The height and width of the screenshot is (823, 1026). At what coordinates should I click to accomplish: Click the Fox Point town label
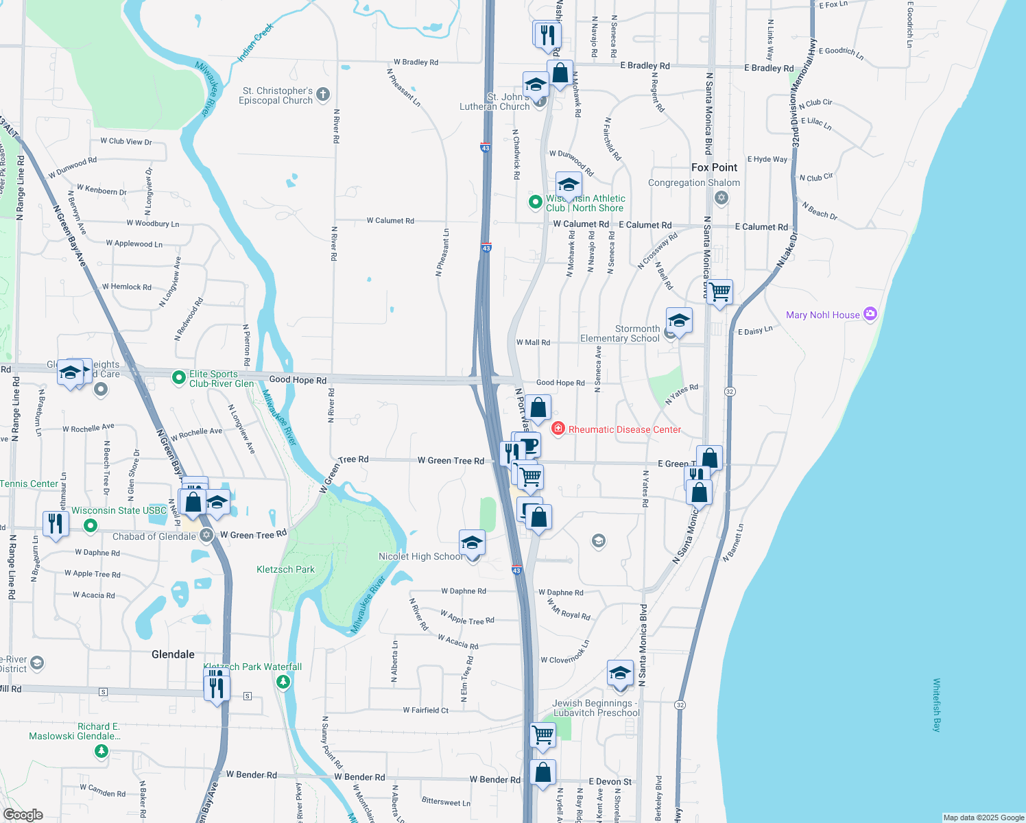pos(714,167)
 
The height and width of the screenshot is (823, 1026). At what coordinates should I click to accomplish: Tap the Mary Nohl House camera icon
pos(870,314)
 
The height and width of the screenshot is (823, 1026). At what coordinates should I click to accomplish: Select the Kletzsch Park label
pos(285,569)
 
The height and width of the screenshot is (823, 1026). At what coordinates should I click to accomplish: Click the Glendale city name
pos(173,654)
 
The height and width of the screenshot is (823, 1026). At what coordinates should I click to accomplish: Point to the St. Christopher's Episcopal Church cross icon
pos(323,95)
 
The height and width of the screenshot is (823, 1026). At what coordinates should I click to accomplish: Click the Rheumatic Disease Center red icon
pos(558,429)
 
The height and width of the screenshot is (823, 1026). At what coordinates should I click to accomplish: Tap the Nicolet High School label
pos(420,556)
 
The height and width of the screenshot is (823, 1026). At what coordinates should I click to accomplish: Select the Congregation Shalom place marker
pos(721,198)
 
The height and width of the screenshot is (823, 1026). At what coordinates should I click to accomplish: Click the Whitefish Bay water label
pos(937,705)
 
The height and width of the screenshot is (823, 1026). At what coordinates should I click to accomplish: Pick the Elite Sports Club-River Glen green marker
pos(178,377)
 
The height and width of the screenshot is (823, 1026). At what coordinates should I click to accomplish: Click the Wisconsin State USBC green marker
pos(90,526)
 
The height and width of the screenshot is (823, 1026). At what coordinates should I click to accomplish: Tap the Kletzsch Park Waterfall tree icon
pos(283,682)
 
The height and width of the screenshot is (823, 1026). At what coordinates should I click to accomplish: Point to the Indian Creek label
pos(255,43)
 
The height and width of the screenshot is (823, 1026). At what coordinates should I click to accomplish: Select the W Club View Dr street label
pos(126,141)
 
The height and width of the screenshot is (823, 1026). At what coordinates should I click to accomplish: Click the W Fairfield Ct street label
pos(425,711)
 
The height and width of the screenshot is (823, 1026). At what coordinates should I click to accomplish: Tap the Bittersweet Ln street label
pos(446,802)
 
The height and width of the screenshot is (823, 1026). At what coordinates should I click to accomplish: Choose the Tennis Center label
pos(29,484)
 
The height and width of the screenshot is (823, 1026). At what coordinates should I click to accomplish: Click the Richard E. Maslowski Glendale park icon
pos(102,751)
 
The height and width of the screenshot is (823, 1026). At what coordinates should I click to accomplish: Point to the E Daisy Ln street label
pos(755,331)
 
